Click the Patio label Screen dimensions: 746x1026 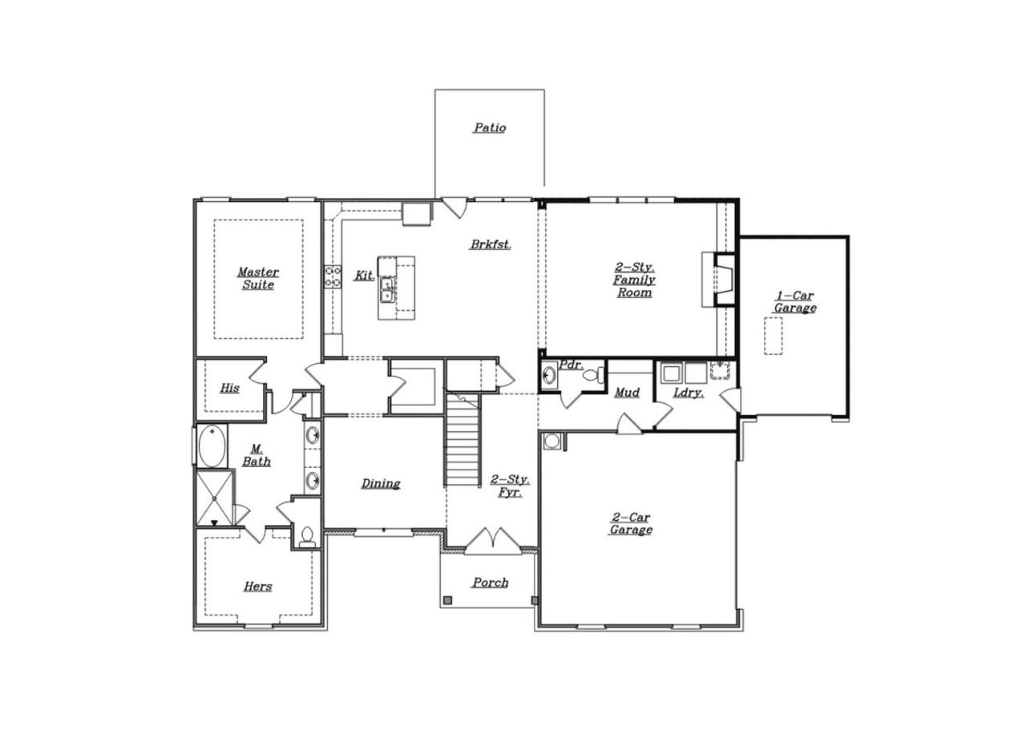[489, 127]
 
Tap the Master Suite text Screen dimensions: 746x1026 [258, 278]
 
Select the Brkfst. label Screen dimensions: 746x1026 [490, 244]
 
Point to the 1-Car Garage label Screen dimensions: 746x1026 [794, 302]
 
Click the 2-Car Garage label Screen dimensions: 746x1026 [631, 523]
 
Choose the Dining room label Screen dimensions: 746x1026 [380, 483]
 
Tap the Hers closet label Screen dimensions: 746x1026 [257, 587]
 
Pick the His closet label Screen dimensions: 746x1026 [229, 388]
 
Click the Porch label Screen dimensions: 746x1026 [490, 583]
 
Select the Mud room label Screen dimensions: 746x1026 [627, 393]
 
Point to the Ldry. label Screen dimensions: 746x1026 [688, 393]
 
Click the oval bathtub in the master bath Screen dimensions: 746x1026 [212, 447]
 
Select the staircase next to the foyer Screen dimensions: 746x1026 [462, 445]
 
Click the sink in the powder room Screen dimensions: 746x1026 [549, 375]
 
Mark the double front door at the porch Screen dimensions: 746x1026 [491, 542]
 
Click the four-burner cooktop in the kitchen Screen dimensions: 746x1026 [333, 276]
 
